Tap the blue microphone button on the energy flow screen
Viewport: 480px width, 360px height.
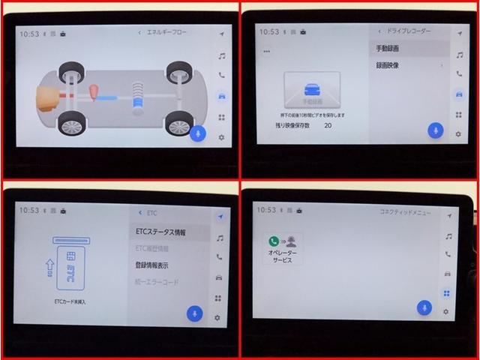198,133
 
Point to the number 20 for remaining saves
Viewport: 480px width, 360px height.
328,126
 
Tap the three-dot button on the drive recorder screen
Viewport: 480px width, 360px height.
265,52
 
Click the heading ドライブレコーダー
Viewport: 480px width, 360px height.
409,31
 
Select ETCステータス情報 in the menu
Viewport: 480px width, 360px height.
160,232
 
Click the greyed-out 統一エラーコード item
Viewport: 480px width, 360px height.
157,282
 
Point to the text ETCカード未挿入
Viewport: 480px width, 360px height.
70,301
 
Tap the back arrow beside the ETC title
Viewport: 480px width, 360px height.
140,213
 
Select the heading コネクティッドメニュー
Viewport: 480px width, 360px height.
406,213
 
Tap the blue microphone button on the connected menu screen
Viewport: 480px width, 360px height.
424,307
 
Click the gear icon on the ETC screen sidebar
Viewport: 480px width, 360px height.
218,318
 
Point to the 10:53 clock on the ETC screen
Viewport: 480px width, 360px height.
29,211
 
